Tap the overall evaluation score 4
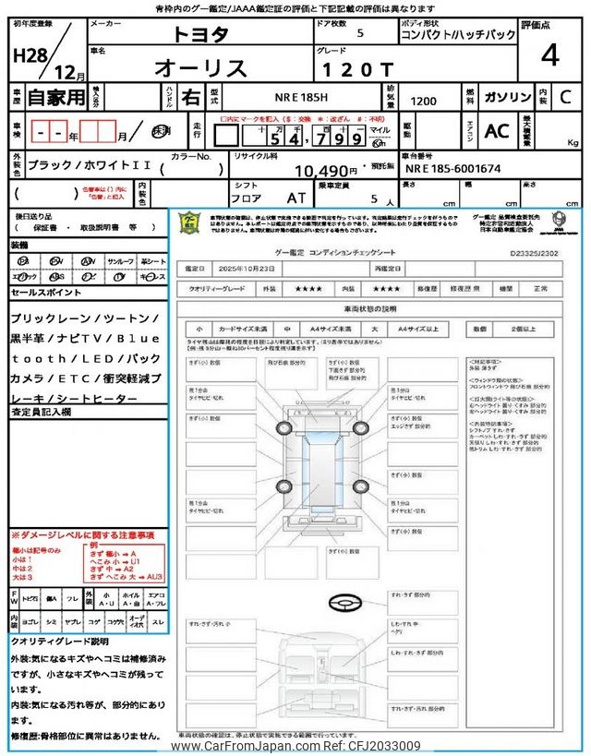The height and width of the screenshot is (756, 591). (549, 55)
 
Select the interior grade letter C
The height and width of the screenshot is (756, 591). (565, 97)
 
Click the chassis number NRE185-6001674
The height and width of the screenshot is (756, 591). (452, 170)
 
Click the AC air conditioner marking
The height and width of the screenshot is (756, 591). (496, 131)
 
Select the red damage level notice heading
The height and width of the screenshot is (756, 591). (83, 535)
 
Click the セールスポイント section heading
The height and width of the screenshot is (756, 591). (48, 291)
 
